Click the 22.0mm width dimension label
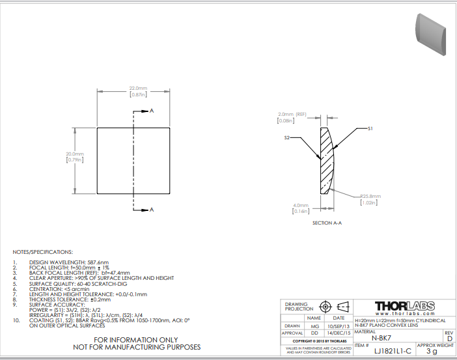[x=138, y=88]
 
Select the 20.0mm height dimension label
[x=75, y=154]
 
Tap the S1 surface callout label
[x=370, y=129]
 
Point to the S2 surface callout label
[x=286, y=138]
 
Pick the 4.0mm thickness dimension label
[x=300, y=206]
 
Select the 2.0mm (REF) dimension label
[x=292, y=114]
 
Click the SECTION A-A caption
[x=327, y=223]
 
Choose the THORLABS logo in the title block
[x=403, y=305]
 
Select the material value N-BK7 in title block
[x=381, y=338]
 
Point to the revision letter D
[x=449, y=338]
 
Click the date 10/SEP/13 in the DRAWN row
[x=339, y=325]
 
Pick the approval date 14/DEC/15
[x=339, y=333]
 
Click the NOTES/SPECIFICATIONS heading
[x=43, y=251]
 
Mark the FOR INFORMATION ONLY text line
[x=135, y=340]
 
